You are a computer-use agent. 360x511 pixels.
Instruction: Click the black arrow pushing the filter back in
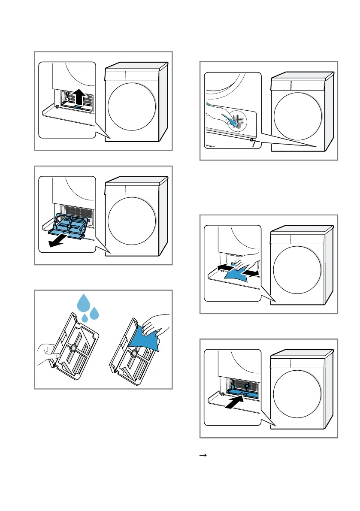click(235, 403)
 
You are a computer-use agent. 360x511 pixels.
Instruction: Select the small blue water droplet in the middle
click(85, 317)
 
